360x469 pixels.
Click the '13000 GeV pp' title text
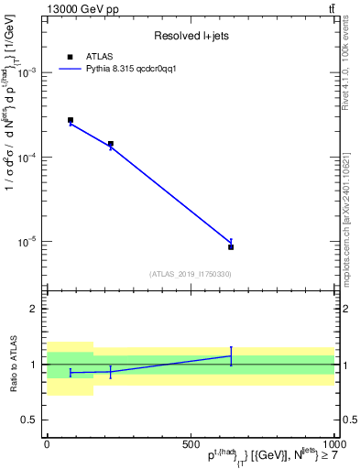(x=81, y=9)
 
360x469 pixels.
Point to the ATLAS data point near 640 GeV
(x=231, y=246)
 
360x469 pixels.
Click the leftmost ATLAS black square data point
(x=71, y=120)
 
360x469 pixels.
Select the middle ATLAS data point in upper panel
(x=111, y=144)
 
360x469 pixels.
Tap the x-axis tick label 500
(x=191, y=443)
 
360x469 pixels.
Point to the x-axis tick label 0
(x=47, y=443)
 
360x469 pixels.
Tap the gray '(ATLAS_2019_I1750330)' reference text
(x=190, y=274)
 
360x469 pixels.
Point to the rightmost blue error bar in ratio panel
(x=231, y=355)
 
